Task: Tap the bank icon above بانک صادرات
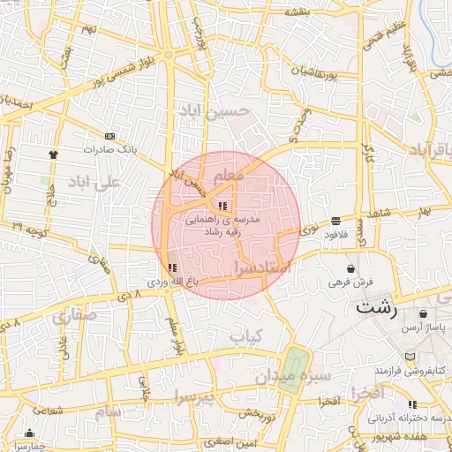109,136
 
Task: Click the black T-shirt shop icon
54,154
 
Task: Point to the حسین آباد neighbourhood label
233,113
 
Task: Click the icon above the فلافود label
335,221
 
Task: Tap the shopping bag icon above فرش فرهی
351,268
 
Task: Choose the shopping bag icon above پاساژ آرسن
426,313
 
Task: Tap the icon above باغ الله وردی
171,267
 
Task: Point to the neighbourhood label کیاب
248,336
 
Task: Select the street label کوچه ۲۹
29,227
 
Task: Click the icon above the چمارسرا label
31,433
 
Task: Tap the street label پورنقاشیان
309,70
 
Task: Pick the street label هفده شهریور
399,437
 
